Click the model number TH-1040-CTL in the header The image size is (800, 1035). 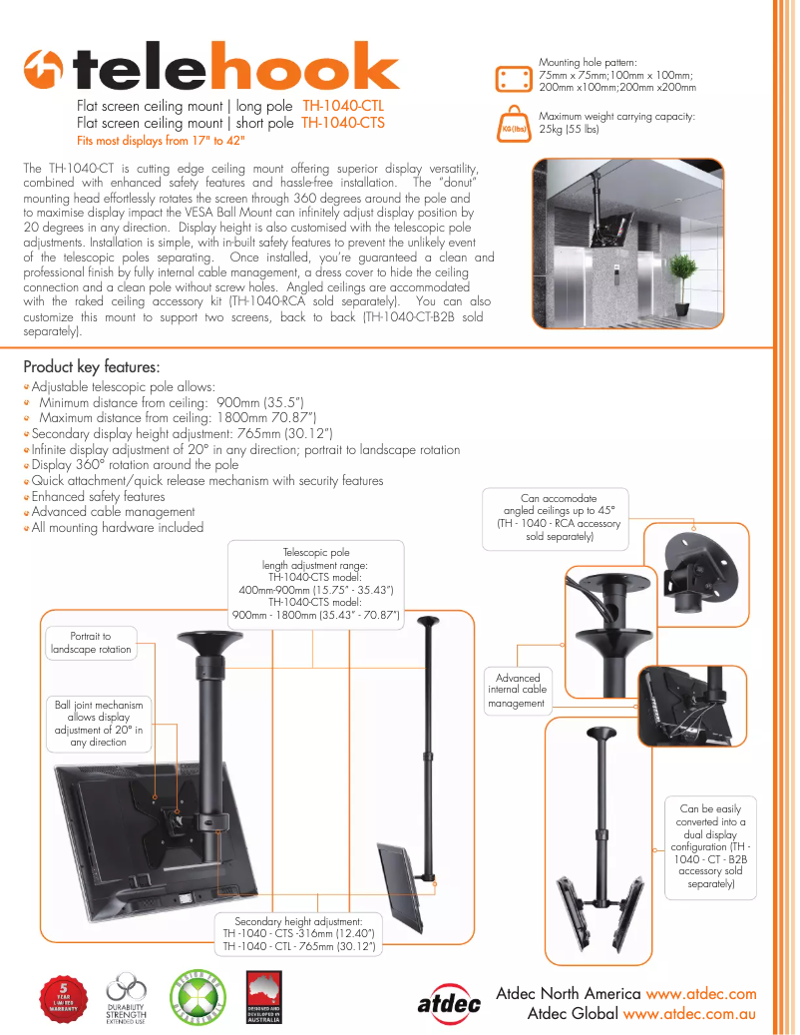343,106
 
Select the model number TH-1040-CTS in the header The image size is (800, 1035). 342,123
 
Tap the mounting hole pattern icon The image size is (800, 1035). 515,78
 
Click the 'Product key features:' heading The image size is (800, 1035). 91,366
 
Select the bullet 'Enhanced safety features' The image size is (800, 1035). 98,496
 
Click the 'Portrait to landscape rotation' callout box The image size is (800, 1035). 91,643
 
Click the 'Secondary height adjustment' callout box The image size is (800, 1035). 298,933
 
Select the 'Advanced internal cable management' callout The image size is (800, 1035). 517,691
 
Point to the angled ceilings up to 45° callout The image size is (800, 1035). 559,517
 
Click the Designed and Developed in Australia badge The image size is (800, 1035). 264,998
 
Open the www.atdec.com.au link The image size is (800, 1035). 689,1013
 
